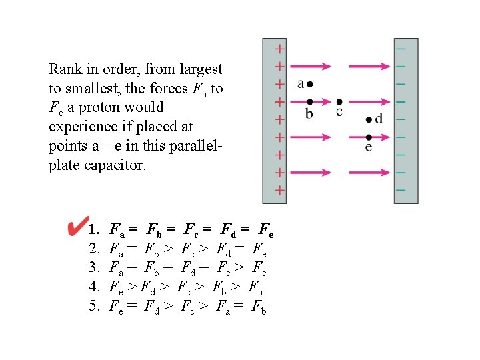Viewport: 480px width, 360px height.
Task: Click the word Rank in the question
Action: point(65,69)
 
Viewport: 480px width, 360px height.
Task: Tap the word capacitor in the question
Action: point(115,165)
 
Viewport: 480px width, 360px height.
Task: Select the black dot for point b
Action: point(308,102)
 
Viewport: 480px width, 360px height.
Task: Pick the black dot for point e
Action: point(369,137)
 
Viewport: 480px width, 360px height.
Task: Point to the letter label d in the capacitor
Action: point(379,119)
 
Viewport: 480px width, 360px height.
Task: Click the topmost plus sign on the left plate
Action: point(280,49)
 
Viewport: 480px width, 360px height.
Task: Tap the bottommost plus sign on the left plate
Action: point(280,190)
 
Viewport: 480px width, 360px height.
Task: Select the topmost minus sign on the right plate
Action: point(401,49)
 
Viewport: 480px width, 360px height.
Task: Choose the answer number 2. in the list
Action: point(94,250)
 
